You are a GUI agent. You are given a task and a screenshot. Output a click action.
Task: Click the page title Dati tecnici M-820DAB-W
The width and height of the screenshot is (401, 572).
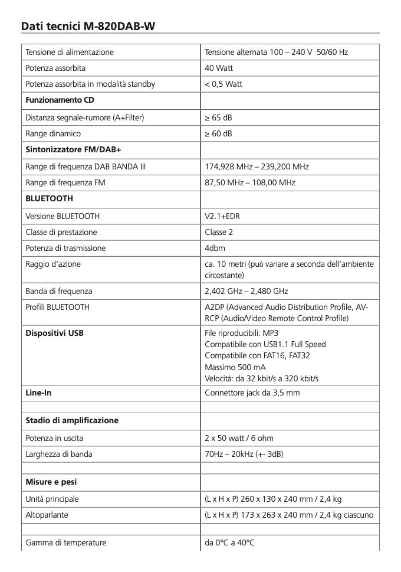pyautogui.click(x=88, y=27)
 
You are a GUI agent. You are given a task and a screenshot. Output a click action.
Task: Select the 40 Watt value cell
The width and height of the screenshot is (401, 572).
pyautogui.click(x=219, y=68)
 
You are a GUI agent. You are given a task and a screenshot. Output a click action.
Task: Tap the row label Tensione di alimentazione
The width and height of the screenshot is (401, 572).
pyautogui.click(x=70, y=53)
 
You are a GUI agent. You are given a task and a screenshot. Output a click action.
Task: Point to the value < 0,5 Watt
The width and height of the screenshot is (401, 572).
pyautogui.click(x=223, y=84)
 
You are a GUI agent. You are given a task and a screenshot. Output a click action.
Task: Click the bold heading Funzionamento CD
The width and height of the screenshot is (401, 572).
pyautogui.click(x=60, y=100)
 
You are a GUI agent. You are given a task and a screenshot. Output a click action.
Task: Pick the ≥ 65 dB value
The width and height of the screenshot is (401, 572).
pyautogui.click(x=219, y=117)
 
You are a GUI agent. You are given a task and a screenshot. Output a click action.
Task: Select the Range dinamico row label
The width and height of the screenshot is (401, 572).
pyautogui.click(x=53, y=133)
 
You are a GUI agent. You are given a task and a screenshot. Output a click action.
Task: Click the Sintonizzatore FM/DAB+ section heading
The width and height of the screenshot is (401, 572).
pyautogui.click(x=73, y=150)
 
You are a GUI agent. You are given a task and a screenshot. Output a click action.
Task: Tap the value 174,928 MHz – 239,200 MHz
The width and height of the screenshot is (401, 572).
pyautogui.click(x=257, y=166)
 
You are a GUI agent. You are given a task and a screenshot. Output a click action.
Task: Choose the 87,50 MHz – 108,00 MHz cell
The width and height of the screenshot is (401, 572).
pyautogui.click(x=250, y=183)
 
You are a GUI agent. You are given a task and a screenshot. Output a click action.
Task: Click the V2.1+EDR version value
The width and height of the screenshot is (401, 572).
pyautogui.click(x=222, y=216)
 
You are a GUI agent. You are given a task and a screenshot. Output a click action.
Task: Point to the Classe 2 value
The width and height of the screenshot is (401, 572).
pyautogui.click(x=219, y=232)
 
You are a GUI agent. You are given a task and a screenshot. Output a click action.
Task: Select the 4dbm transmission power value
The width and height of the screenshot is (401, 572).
pyautogui.click(x=215, y=249)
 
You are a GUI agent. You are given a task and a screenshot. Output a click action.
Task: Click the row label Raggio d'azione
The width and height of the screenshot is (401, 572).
pyautogui.click(x=53, y=264)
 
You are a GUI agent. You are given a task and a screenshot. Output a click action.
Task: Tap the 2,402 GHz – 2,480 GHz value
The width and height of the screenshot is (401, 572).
pyautogui.click(x=246, y=291)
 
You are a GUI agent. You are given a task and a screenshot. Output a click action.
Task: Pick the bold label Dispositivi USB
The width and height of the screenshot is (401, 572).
pyautogui.click(x=54, y=334)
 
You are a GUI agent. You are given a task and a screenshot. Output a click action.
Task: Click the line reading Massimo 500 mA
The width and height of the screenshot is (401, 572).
pyautogui.click(x=235, y=367)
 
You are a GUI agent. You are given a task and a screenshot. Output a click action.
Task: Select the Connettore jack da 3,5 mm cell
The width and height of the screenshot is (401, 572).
pyautogui.click(x=252, y=393)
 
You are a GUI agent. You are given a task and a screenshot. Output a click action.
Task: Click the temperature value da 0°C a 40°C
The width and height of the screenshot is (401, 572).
pyautogui.click(x=229, y=542)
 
